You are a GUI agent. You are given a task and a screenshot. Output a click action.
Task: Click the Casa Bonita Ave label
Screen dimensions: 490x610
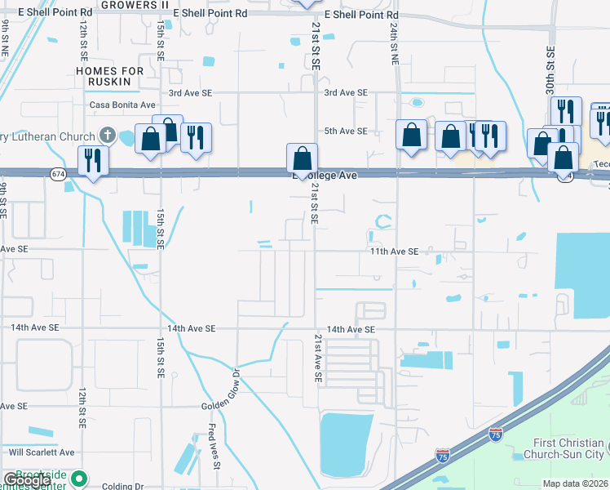(x=122, y=105)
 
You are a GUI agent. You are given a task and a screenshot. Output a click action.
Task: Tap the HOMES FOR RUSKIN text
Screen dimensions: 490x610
(x=109, y=77)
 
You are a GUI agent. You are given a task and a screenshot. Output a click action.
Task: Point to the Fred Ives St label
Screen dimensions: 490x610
(x=214, y=445)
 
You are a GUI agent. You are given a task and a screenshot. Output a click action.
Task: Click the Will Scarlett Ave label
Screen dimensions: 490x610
(x=41, y=452)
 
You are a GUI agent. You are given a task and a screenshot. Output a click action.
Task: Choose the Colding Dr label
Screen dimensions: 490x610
(x=122, y=486)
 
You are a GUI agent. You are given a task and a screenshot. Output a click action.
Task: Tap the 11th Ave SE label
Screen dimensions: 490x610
(x=394, y=252)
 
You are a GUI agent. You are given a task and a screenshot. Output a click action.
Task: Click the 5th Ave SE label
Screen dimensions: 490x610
(x=346, y=131)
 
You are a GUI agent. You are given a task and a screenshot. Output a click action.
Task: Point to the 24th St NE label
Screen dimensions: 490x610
(x=393, y=45)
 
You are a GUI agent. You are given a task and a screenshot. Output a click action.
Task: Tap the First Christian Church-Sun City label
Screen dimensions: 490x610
(x=567, y=448)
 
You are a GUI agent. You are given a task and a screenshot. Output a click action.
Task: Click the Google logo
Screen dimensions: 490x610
(x=27, y=481)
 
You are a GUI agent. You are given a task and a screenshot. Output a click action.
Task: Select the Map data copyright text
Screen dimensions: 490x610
(x=576, y=483)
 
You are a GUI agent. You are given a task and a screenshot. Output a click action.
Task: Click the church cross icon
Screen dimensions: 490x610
(x=107, y=134)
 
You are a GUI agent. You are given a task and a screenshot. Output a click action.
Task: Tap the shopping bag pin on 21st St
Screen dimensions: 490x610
(x=302, y=158)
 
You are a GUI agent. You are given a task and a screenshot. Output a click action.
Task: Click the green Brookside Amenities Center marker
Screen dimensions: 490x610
(x=79, y=478)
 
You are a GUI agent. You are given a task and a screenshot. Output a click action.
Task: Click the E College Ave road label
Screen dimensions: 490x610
(x=326, y=176)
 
